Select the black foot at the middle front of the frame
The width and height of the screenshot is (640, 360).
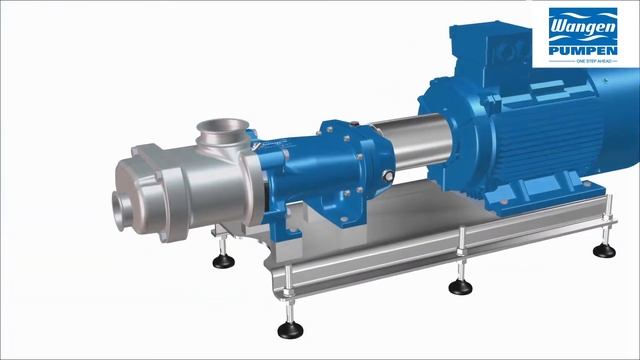point(460,287)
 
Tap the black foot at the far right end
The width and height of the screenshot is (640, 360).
point(603,250)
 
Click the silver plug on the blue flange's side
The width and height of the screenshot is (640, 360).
point(326,127)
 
